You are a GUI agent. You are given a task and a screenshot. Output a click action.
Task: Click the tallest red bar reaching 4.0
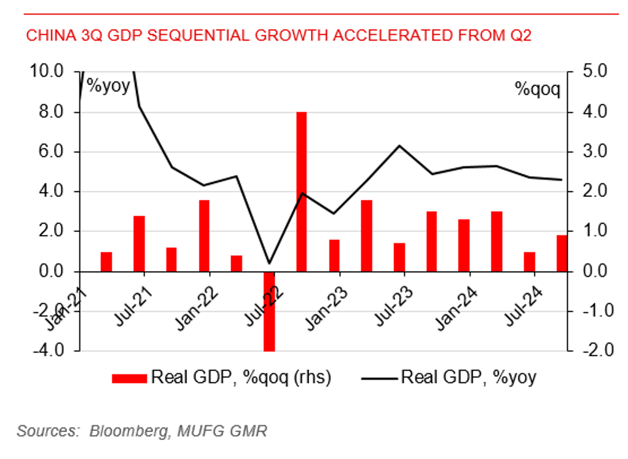point(301,191)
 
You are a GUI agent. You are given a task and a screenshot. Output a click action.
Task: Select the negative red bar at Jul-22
point(269,310)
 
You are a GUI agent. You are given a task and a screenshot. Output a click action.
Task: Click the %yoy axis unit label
point(108,85)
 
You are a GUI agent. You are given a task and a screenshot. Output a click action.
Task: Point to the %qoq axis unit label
point(538,90)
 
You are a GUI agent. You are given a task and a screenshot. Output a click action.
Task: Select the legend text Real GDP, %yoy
point(468,377)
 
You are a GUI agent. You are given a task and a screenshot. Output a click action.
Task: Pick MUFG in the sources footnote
point(197,431)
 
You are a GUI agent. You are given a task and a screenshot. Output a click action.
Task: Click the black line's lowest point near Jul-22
point(269,263)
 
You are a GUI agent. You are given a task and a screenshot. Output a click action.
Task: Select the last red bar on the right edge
point(562,253)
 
